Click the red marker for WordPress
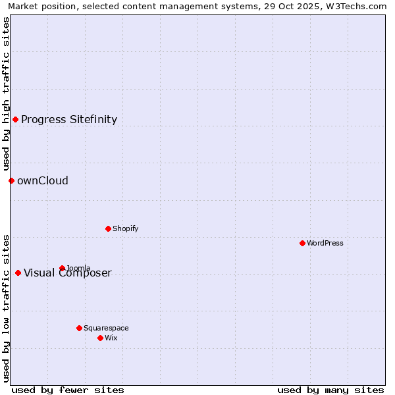click(x=302, y=243)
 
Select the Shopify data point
click(x=108, y=228)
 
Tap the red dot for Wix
click(x=100, y=338)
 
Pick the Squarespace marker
click(x=79, y=328)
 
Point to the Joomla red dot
click(x=62, y=268)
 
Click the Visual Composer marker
click(x=18, y=273)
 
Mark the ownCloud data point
click(x=11, y=180)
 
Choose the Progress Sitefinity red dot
click(x=15, y=119)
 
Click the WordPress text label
click(x=325, y=243)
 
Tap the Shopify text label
click(x=125, y=228)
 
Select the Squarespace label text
click(x=106, y=328)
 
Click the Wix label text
click(x=111, y=338)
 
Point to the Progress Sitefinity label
click(x=69, y=119)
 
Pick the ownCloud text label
click(x=43, y=180)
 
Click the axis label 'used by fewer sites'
click(x=68, y=390)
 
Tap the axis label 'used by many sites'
click(x=330, y=390)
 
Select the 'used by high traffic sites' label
click(x=6, y=93)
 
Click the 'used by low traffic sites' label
click(x=6, y=308)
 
